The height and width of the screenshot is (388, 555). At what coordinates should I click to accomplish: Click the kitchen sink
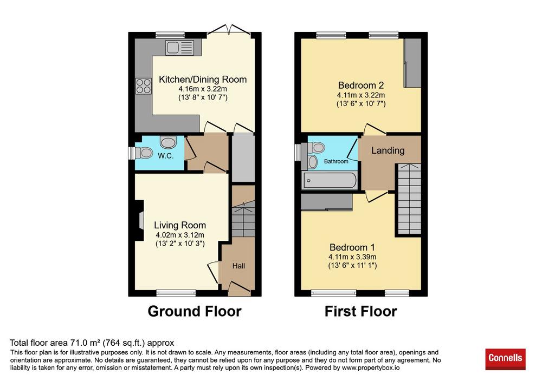tap(179, 48)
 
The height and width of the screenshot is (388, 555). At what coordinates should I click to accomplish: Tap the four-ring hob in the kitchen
tap(143, 86)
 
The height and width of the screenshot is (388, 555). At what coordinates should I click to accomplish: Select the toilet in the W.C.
tap(144, 153)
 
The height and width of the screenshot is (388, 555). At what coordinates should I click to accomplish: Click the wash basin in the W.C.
tap(168, 142)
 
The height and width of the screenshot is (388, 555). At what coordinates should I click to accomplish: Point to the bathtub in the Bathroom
tap(330, 180)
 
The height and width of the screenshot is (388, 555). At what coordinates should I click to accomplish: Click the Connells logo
tap(505, 359)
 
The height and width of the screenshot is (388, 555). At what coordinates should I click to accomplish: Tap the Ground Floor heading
tap(195, 311)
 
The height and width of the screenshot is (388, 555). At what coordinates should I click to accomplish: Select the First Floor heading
tap(360, 311)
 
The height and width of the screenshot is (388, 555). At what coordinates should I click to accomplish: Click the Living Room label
tap(180, 225)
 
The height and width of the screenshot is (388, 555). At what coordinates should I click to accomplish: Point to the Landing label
tap(388, 150)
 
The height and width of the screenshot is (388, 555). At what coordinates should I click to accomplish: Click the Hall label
tap(238, 266)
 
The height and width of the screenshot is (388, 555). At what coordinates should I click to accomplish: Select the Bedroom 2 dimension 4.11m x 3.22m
tap(360, 95)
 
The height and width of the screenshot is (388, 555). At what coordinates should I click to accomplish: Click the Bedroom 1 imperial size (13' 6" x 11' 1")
tap(352, 265)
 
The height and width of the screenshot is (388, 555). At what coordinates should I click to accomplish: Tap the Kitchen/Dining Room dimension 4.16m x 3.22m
tap(203, 89)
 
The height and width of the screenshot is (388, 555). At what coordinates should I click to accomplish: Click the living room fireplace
tap(139, 220)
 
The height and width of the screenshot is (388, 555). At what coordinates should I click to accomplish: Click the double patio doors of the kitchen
tap(229, 29)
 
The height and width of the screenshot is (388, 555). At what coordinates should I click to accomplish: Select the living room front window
tap(176, 293)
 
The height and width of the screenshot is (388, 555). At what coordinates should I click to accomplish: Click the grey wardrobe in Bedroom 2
tap(412, 63)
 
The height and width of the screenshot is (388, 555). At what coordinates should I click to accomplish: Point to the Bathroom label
tap(336, 161)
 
